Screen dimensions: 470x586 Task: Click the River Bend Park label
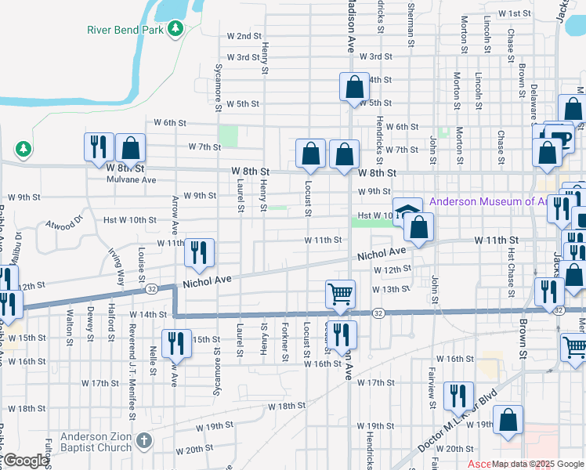point(125,30)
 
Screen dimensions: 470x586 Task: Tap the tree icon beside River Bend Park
point(176,30)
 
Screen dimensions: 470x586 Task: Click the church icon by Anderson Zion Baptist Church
point(143,441)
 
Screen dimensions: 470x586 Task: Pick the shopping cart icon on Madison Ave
point(341,294)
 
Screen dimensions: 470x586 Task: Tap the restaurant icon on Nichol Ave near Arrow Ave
point(199,252)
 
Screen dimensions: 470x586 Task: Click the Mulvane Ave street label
point(132,179)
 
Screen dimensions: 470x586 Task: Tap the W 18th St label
point(286,407)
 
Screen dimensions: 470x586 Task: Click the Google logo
point(26,461)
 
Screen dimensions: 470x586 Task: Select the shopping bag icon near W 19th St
point(508,421)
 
